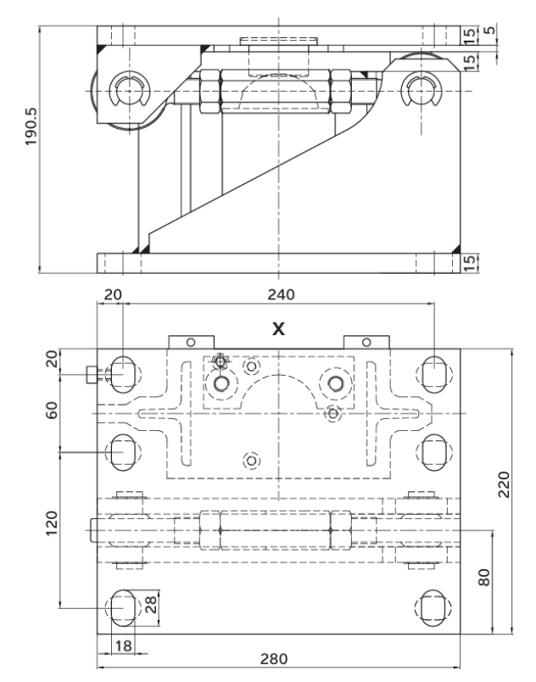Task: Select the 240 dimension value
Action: (279, 295)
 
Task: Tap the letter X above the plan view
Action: (277, 327)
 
